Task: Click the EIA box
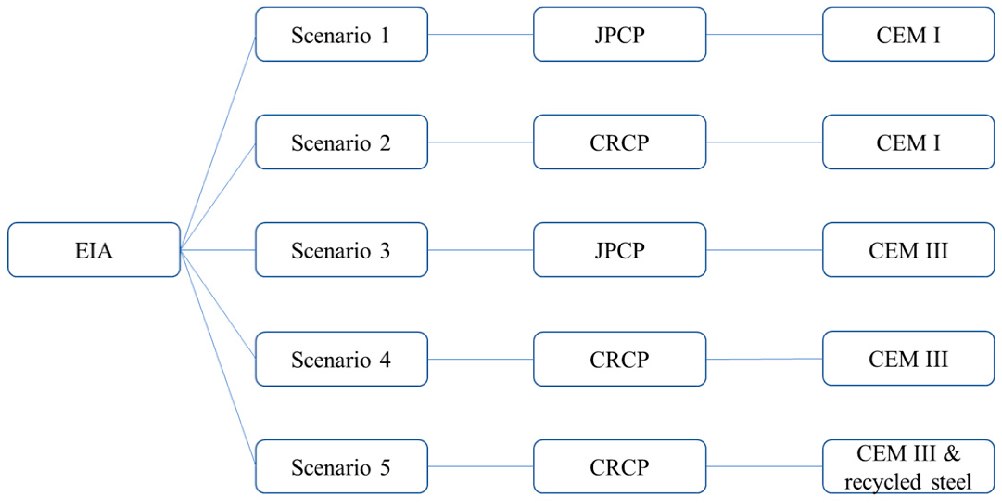pos(94,250)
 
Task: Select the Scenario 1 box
pos(341,34)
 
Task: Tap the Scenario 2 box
pos(341,142)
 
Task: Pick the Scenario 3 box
pos(341,250)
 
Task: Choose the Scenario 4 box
pos(341,359)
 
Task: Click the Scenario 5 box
pos(341,467)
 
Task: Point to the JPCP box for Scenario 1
pos(620,34)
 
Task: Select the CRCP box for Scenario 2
pos(620,142)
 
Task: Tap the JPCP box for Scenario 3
pos(620,250)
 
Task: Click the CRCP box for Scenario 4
pos(620,359)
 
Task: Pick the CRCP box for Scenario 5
pos(620,467)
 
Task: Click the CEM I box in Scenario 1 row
pos(908,34)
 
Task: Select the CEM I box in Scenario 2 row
pos(908,142)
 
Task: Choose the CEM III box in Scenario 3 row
pos(908,250)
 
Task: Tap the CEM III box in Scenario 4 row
pos(908,359)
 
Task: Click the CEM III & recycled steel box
pos(908,467)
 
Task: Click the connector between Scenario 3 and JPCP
pos(480,250)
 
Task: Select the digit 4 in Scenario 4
pos(385,360)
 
